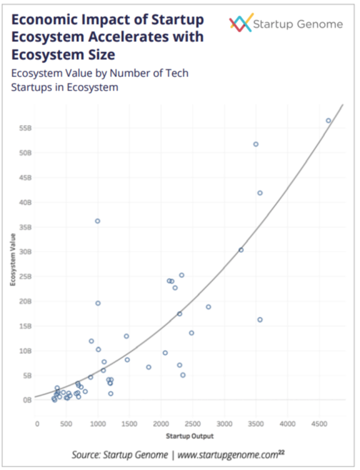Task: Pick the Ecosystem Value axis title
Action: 13,260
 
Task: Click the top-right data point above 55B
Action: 328,121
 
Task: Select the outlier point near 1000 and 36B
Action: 97,221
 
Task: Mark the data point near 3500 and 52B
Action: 256,144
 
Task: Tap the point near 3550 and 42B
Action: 260,193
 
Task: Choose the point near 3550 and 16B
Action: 260,320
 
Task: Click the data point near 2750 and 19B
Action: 208,307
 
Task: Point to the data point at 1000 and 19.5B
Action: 98,303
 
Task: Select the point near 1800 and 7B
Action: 148,367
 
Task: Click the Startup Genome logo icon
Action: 241,23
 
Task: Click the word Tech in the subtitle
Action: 176,73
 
